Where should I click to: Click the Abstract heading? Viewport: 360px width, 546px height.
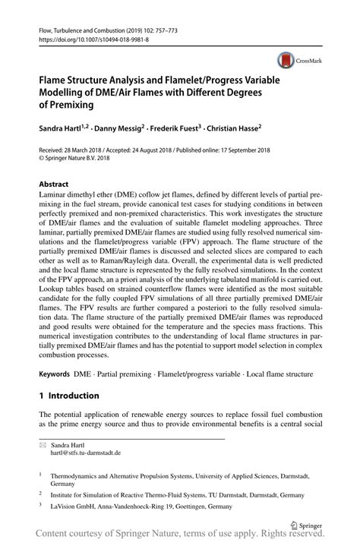coord(55,185)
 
